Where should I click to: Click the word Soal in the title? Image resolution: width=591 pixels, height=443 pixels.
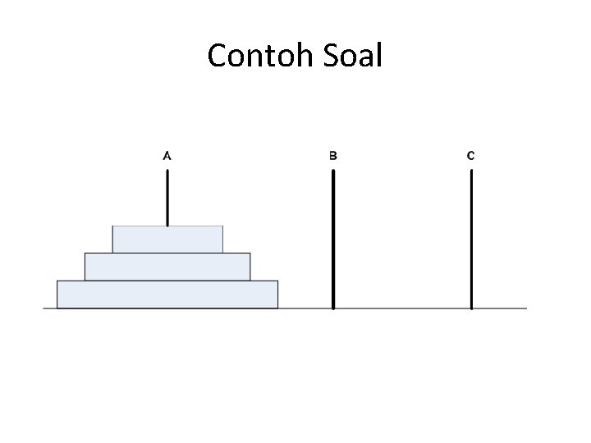tap(355, 56)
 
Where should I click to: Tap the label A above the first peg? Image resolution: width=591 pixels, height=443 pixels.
tap(167, 154)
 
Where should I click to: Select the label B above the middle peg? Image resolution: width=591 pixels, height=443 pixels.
tap(332, 154)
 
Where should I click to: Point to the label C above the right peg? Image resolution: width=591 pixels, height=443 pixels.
tap(470, 154)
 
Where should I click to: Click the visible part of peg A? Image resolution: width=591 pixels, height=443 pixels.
tap(167, 197)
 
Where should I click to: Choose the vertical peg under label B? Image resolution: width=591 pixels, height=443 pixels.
tap(332, 238)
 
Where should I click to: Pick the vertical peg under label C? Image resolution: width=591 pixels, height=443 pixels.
tap(471, 238)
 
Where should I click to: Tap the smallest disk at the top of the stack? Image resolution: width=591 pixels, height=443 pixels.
tap(167, 239)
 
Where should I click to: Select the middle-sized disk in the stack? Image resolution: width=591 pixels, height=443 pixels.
tap(167, 266)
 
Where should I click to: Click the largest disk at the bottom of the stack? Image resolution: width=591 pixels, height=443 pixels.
tap(167, 294)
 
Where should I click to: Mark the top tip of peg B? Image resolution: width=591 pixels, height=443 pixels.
tap(332, 171)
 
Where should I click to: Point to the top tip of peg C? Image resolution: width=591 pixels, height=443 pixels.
tap(471, 171)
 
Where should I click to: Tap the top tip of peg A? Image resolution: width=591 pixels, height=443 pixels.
tap(167, 171)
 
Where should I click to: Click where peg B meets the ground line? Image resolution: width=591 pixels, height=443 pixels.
tap(332, 308)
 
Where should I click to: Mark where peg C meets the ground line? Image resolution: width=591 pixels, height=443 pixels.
tap(471, 308)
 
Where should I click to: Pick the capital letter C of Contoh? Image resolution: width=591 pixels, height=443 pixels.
tap(218, 56)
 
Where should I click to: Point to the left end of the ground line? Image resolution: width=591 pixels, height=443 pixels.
tap(44, 308)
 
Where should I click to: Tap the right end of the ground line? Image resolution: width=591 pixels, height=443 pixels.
tap(525, 308)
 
